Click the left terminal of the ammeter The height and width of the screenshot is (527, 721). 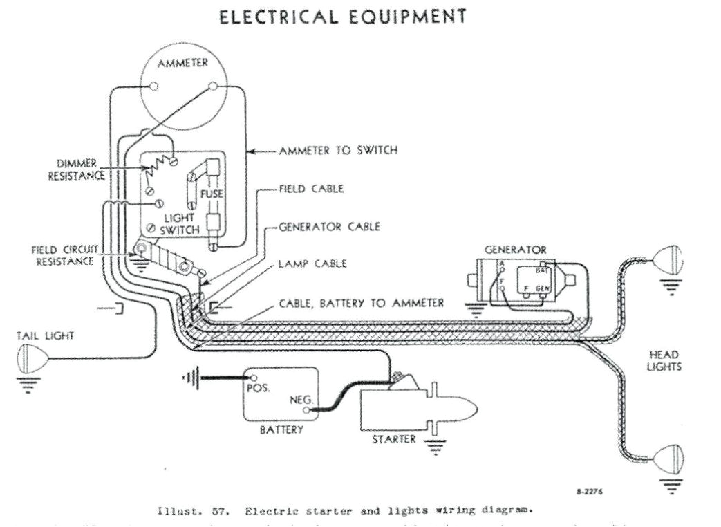coord(154,87)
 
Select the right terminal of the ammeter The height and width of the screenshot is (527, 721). coord(213,86)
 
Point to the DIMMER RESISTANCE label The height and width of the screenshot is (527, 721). coord(77,169)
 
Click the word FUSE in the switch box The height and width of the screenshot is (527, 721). coord(212,194)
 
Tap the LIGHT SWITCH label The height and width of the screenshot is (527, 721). coord(180,223)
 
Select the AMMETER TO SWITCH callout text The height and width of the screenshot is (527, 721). coord(338,150)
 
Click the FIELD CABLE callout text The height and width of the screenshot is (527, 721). coord(311,189)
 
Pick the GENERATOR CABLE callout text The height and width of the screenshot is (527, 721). coord(330,226)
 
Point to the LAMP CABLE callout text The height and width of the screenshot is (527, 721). coord(312,263)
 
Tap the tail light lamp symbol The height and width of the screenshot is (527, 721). coord(31,360)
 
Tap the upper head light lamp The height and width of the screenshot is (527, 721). coord(668,258)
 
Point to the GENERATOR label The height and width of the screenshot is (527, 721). coord(515,249)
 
